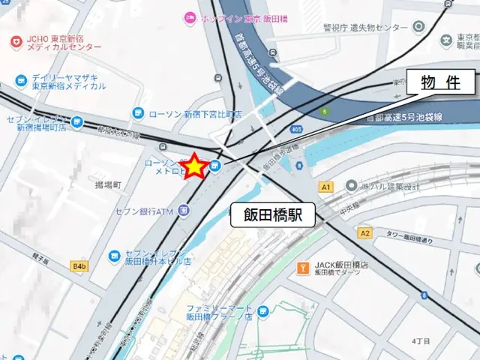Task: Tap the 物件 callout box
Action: tap(441, 83)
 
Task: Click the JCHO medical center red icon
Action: tap(16, 41)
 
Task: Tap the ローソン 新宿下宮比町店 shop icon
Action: tap(137, 113)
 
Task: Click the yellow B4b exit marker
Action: tap(79, 265)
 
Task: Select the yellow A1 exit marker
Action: tap(325, 186)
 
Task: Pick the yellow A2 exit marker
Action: tap(365, 233)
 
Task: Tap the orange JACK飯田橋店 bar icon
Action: tap(303, 267)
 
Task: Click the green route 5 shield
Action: tap(324, 112)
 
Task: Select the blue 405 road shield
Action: tap(298, 129)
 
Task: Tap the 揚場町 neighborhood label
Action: tap(108, 184)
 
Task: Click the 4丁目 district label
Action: tap(421, 341)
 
